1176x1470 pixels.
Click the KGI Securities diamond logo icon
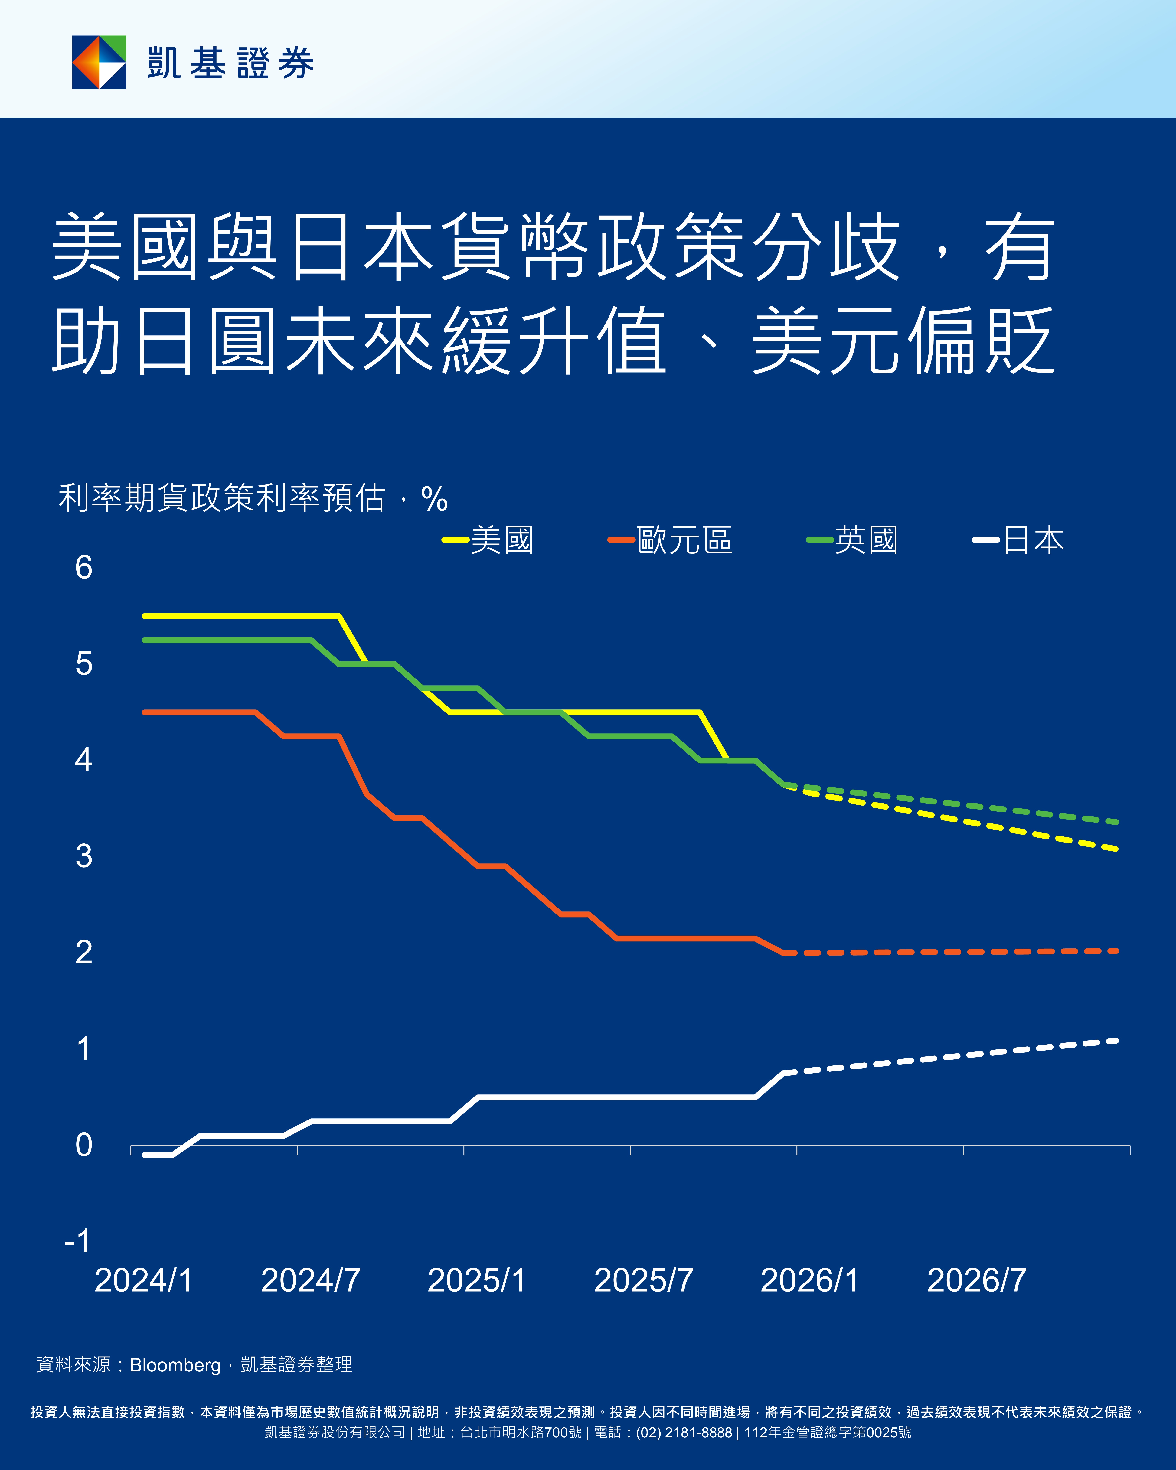point(100,62)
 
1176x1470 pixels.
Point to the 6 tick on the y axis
point(84,567)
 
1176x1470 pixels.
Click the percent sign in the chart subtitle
point(434,499)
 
